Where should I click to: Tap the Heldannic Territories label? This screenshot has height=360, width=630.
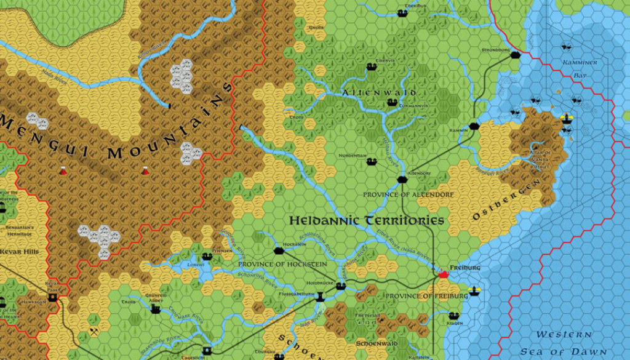(x=366, y=220)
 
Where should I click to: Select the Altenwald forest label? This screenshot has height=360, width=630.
(x=379, y=93)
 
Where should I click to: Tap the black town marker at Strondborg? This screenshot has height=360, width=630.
(x=516, y=54)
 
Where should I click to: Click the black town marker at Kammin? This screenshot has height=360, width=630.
(x=474, y=126)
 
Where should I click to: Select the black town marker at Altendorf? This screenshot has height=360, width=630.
(x=402, y=180)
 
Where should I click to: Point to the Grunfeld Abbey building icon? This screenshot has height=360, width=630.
(x=156, y=308)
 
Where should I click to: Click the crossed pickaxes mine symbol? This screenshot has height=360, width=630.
(x=92, y=330)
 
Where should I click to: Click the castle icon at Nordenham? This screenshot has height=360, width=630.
(x=371, y=162)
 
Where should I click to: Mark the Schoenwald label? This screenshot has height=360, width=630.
(x=377, y=343)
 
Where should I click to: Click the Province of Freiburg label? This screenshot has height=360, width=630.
(x=426, y=296)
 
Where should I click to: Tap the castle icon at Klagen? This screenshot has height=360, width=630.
(x=453, y=316)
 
